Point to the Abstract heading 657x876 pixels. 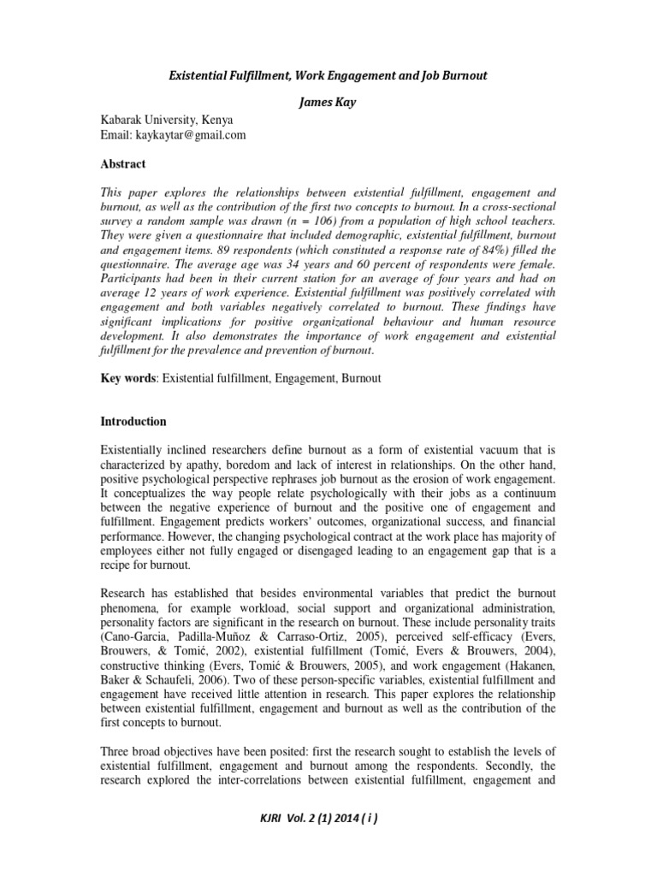[124, 163]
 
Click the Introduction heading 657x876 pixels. [134, 422]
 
